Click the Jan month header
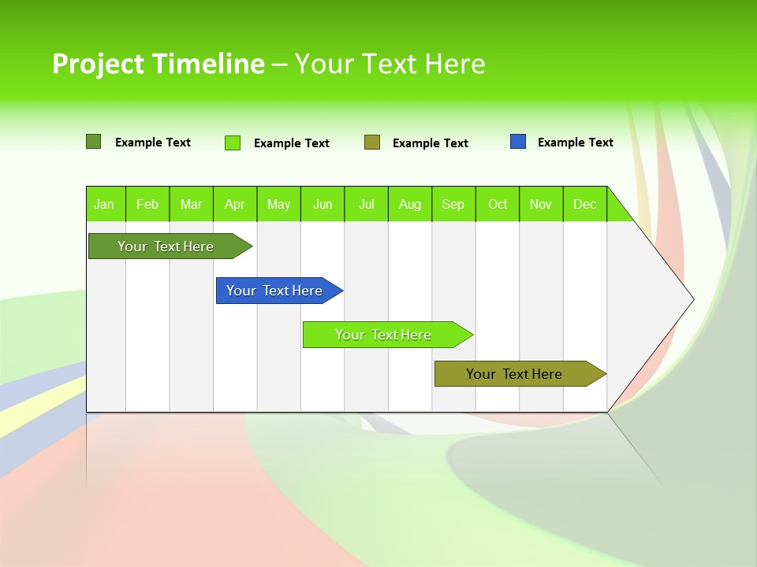(105, 204)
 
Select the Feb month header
(147, 204)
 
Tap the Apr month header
(234, 204)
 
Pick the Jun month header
(323, 204)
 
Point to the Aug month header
(409, 204)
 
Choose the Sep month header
(453, 204)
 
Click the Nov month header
(541, 204)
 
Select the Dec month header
(584, 204)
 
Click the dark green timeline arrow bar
(166, 246)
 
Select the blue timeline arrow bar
(275, 291)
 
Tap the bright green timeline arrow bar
(384, 335)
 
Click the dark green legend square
(94, 142)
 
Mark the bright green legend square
(233, 143)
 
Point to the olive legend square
(372, 143)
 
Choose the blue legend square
(518, 142)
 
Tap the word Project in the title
(99, 64)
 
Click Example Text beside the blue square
(575, 143)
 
